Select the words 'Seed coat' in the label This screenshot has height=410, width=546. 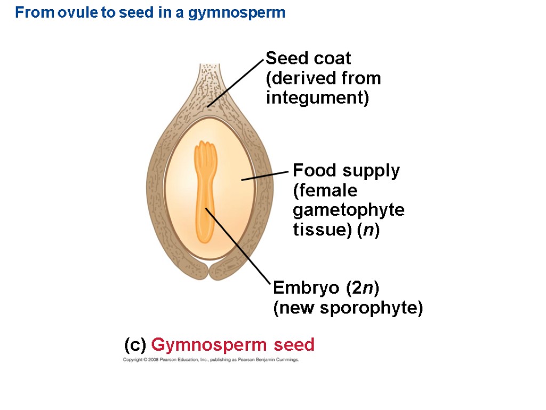308,58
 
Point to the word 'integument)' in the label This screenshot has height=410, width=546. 317,98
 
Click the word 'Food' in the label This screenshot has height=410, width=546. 315,171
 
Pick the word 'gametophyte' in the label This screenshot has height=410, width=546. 349,210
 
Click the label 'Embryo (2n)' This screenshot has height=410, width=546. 326,288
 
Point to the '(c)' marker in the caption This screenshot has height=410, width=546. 135,345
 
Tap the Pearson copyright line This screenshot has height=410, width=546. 211,360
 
